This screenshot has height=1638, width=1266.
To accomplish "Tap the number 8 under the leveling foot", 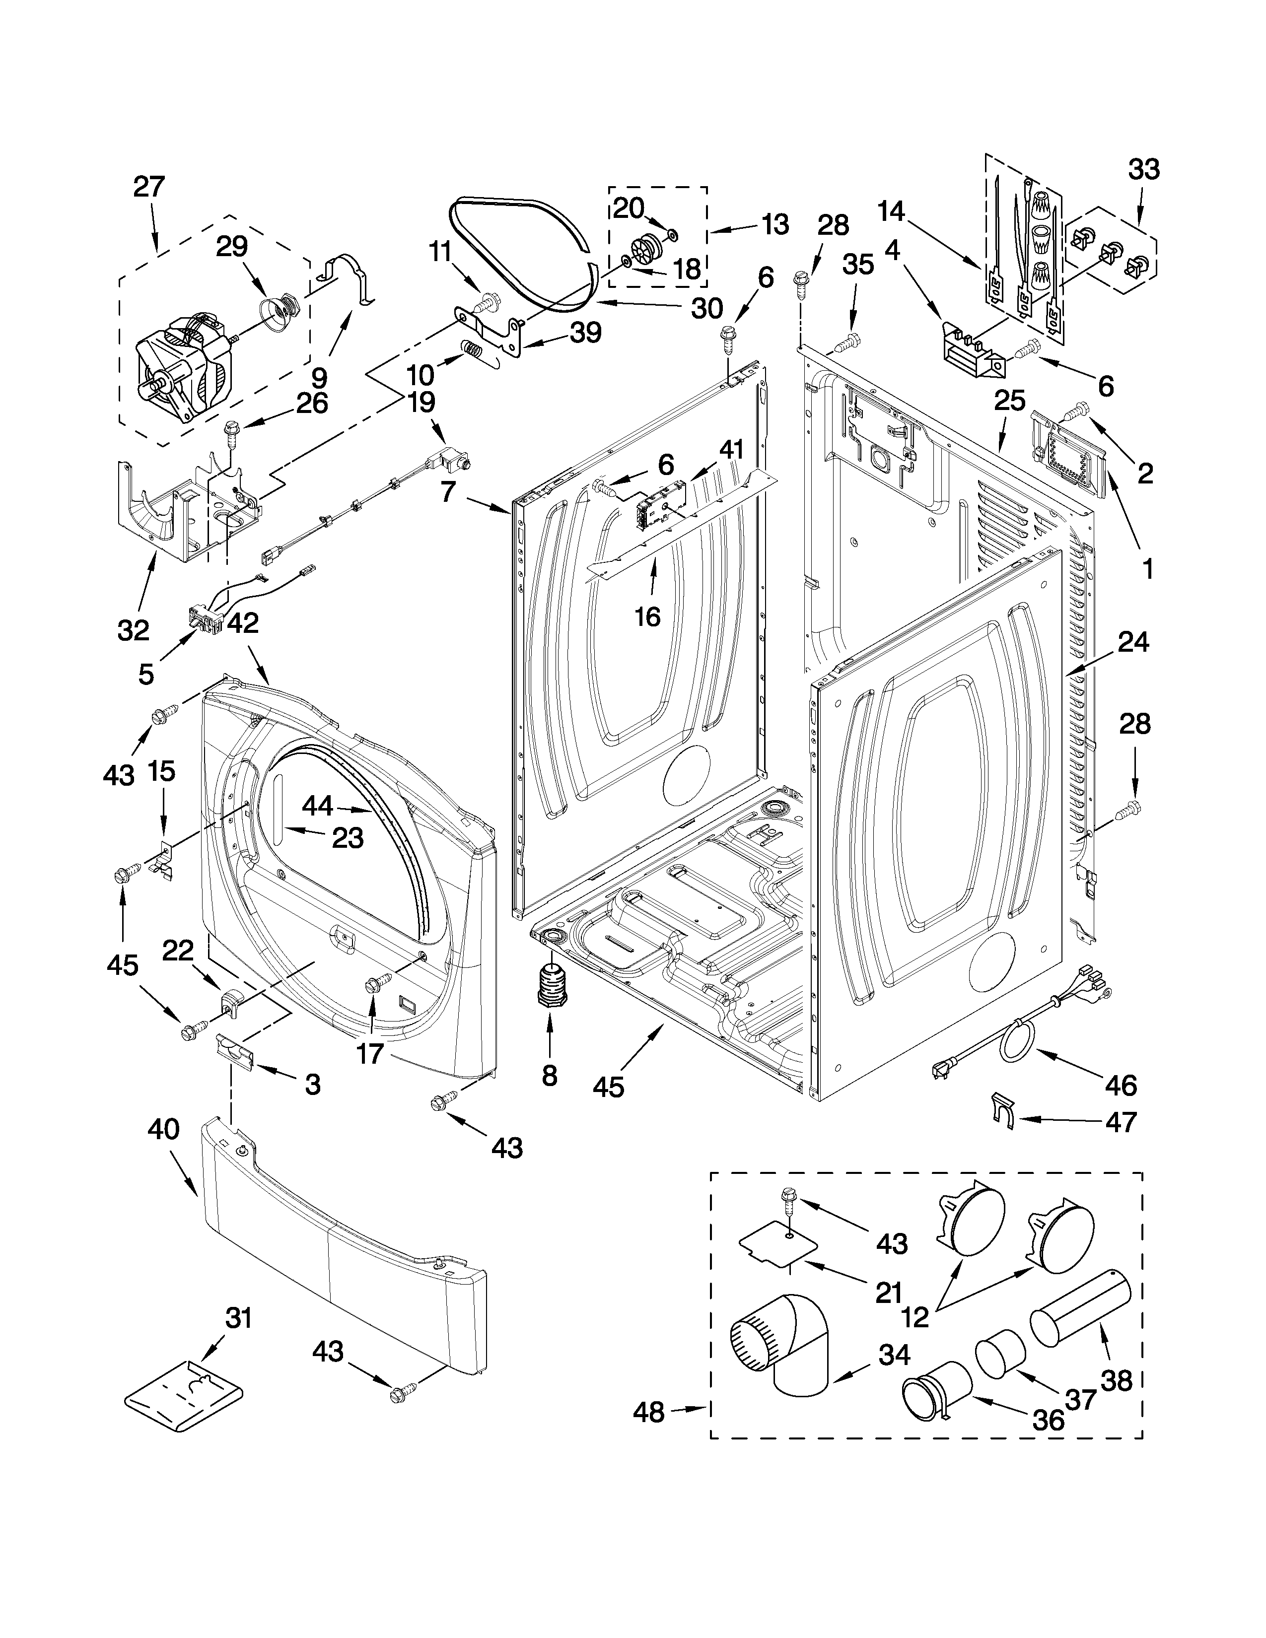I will [x=550, y=1076].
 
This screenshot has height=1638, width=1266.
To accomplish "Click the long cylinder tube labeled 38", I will [x=1079, y=1312].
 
